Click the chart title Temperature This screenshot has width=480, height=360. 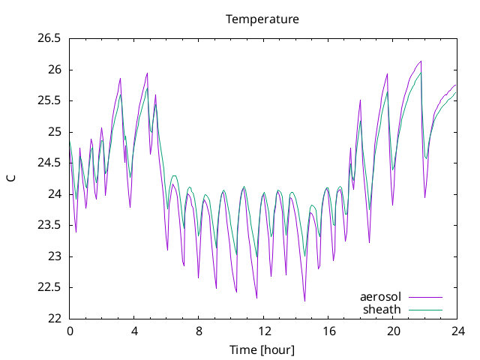click(x=262, y=19)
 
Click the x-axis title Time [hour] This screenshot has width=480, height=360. click(x=262, y=349)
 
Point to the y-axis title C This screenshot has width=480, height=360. click(x=11, y=178)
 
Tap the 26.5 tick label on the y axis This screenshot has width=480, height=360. click(x=49, y=38)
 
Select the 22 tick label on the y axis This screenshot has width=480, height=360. click(x=55, y=319)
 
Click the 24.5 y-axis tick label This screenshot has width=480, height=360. click(x=49, y=163)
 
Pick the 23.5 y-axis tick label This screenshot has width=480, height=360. click(x=49, y=225)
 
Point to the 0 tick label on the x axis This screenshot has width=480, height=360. click(x=70, y=331)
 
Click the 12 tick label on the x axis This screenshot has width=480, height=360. click(x=264, y=331)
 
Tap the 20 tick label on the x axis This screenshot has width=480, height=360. click(x=393, y=331)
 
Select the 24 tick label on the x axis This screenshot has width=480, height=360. click(x=457, y=331)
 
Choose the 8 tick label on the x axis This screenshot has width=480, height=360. click(x=199, y=331)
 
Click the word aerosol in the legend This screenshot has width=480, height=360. click(x=380, y=297)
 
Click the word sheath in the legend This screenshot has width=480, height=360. click(x=382, y=310)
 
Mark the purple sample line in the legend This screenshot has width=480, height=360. click(x=425, y=297)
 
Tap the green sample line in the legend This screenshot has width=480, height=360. click(x=425, y=310)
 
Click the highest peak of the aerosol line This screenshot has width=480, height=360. click(x=421, y=61)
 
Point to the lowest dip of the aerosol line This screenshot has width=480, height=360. click(x=304, y=301)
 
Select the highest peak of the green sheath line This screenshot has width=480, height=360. click(x=421, y=73)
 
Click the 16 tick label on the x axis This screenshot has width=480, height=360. click(x=328, y=331)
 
